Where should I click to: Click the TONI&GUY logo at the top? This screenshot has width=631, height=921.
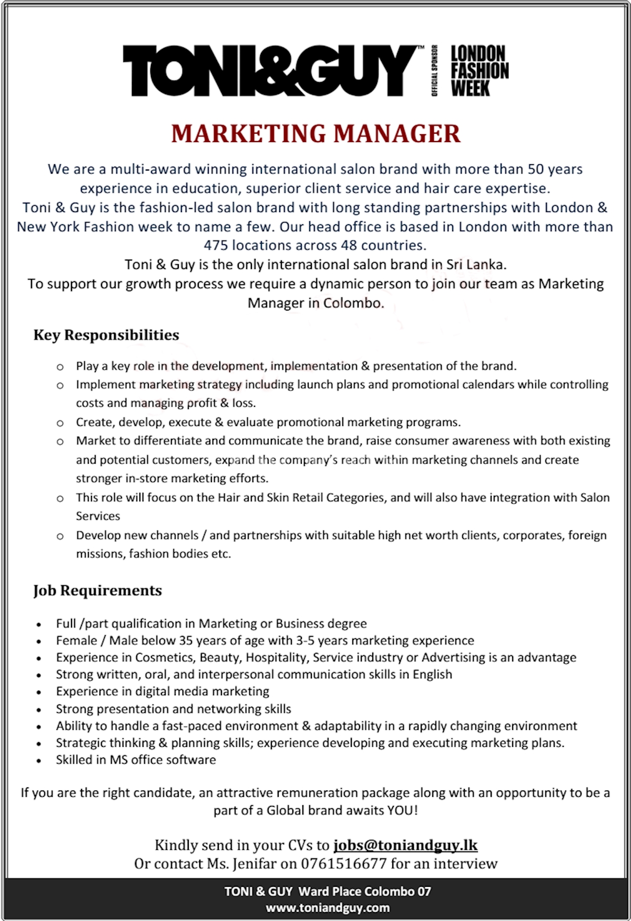pyautogui.click(x=271, y=71)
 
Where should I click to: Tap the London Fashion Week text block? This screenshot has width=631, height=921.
pyautogui.click(x=479, y=71)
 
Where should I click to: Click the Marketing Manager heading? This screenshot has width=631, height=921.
pyautogui.click(x=315, y=134)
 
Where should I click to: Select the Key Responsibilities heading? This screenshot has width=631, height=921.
pyautogui.click(x=106, y=335)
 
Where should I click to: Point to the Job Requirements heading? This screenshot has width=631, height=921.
pyautogui.click(x=98, y=590)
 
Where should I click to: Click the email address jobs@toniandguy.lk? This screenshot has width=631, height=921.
pyautogui.click(x=405, y=845)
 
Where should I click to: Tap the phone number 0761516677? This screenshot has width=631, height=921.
pyautogui.click(x=343, y=864)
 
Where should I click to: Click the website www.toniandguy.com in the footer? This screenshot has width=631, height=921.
pyautogui.click(x=328, y=908)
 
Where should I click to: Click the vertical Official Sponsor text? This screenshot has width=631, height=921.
pyautogui.click(x=435, y=71)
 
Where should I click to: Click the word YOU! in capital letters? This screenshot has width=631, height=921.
pyautogui.click(x=402, y=810)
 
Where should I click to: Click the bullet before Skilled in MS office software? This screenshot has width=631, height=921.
pyautogui.click(x=39, y=760)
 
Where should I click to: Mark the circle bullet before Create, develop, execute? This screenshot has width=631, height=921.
pyautogui.click(x=60, y=423)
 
